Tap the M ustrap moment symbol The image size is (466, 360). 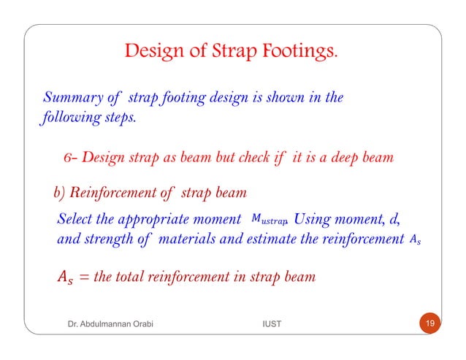click(270, 218)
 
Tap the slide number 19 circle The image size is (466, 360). click(430, 323)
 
